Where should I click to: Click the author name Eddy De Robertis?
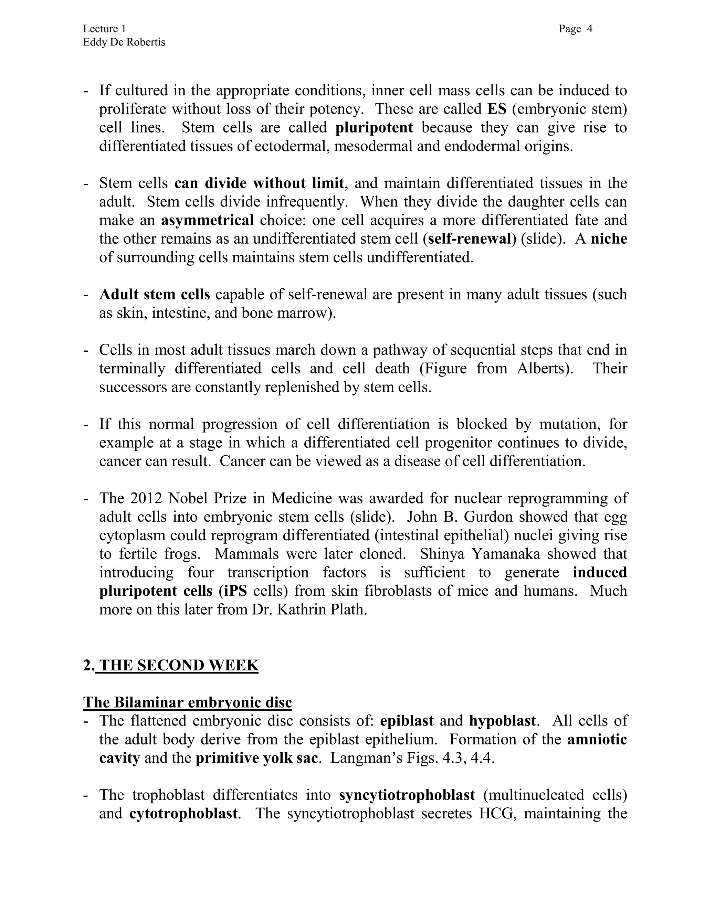124,42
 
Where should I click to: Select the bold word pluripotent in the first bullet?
374,127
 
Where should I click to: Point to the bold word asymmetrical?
208,220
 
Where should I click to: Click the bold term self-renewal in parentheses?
470,239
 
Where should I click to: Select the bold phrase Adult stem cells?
155,294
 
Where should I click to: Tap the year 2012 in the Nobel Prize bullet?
145,498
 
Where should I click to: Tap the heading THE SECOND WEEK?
179,665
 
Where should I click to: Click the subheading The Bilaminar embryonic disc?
187,702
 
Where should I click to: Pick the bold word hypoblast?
502,721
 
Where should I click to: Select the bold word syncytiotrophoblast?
407,795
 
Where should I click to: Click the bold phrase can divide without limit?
259,183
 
